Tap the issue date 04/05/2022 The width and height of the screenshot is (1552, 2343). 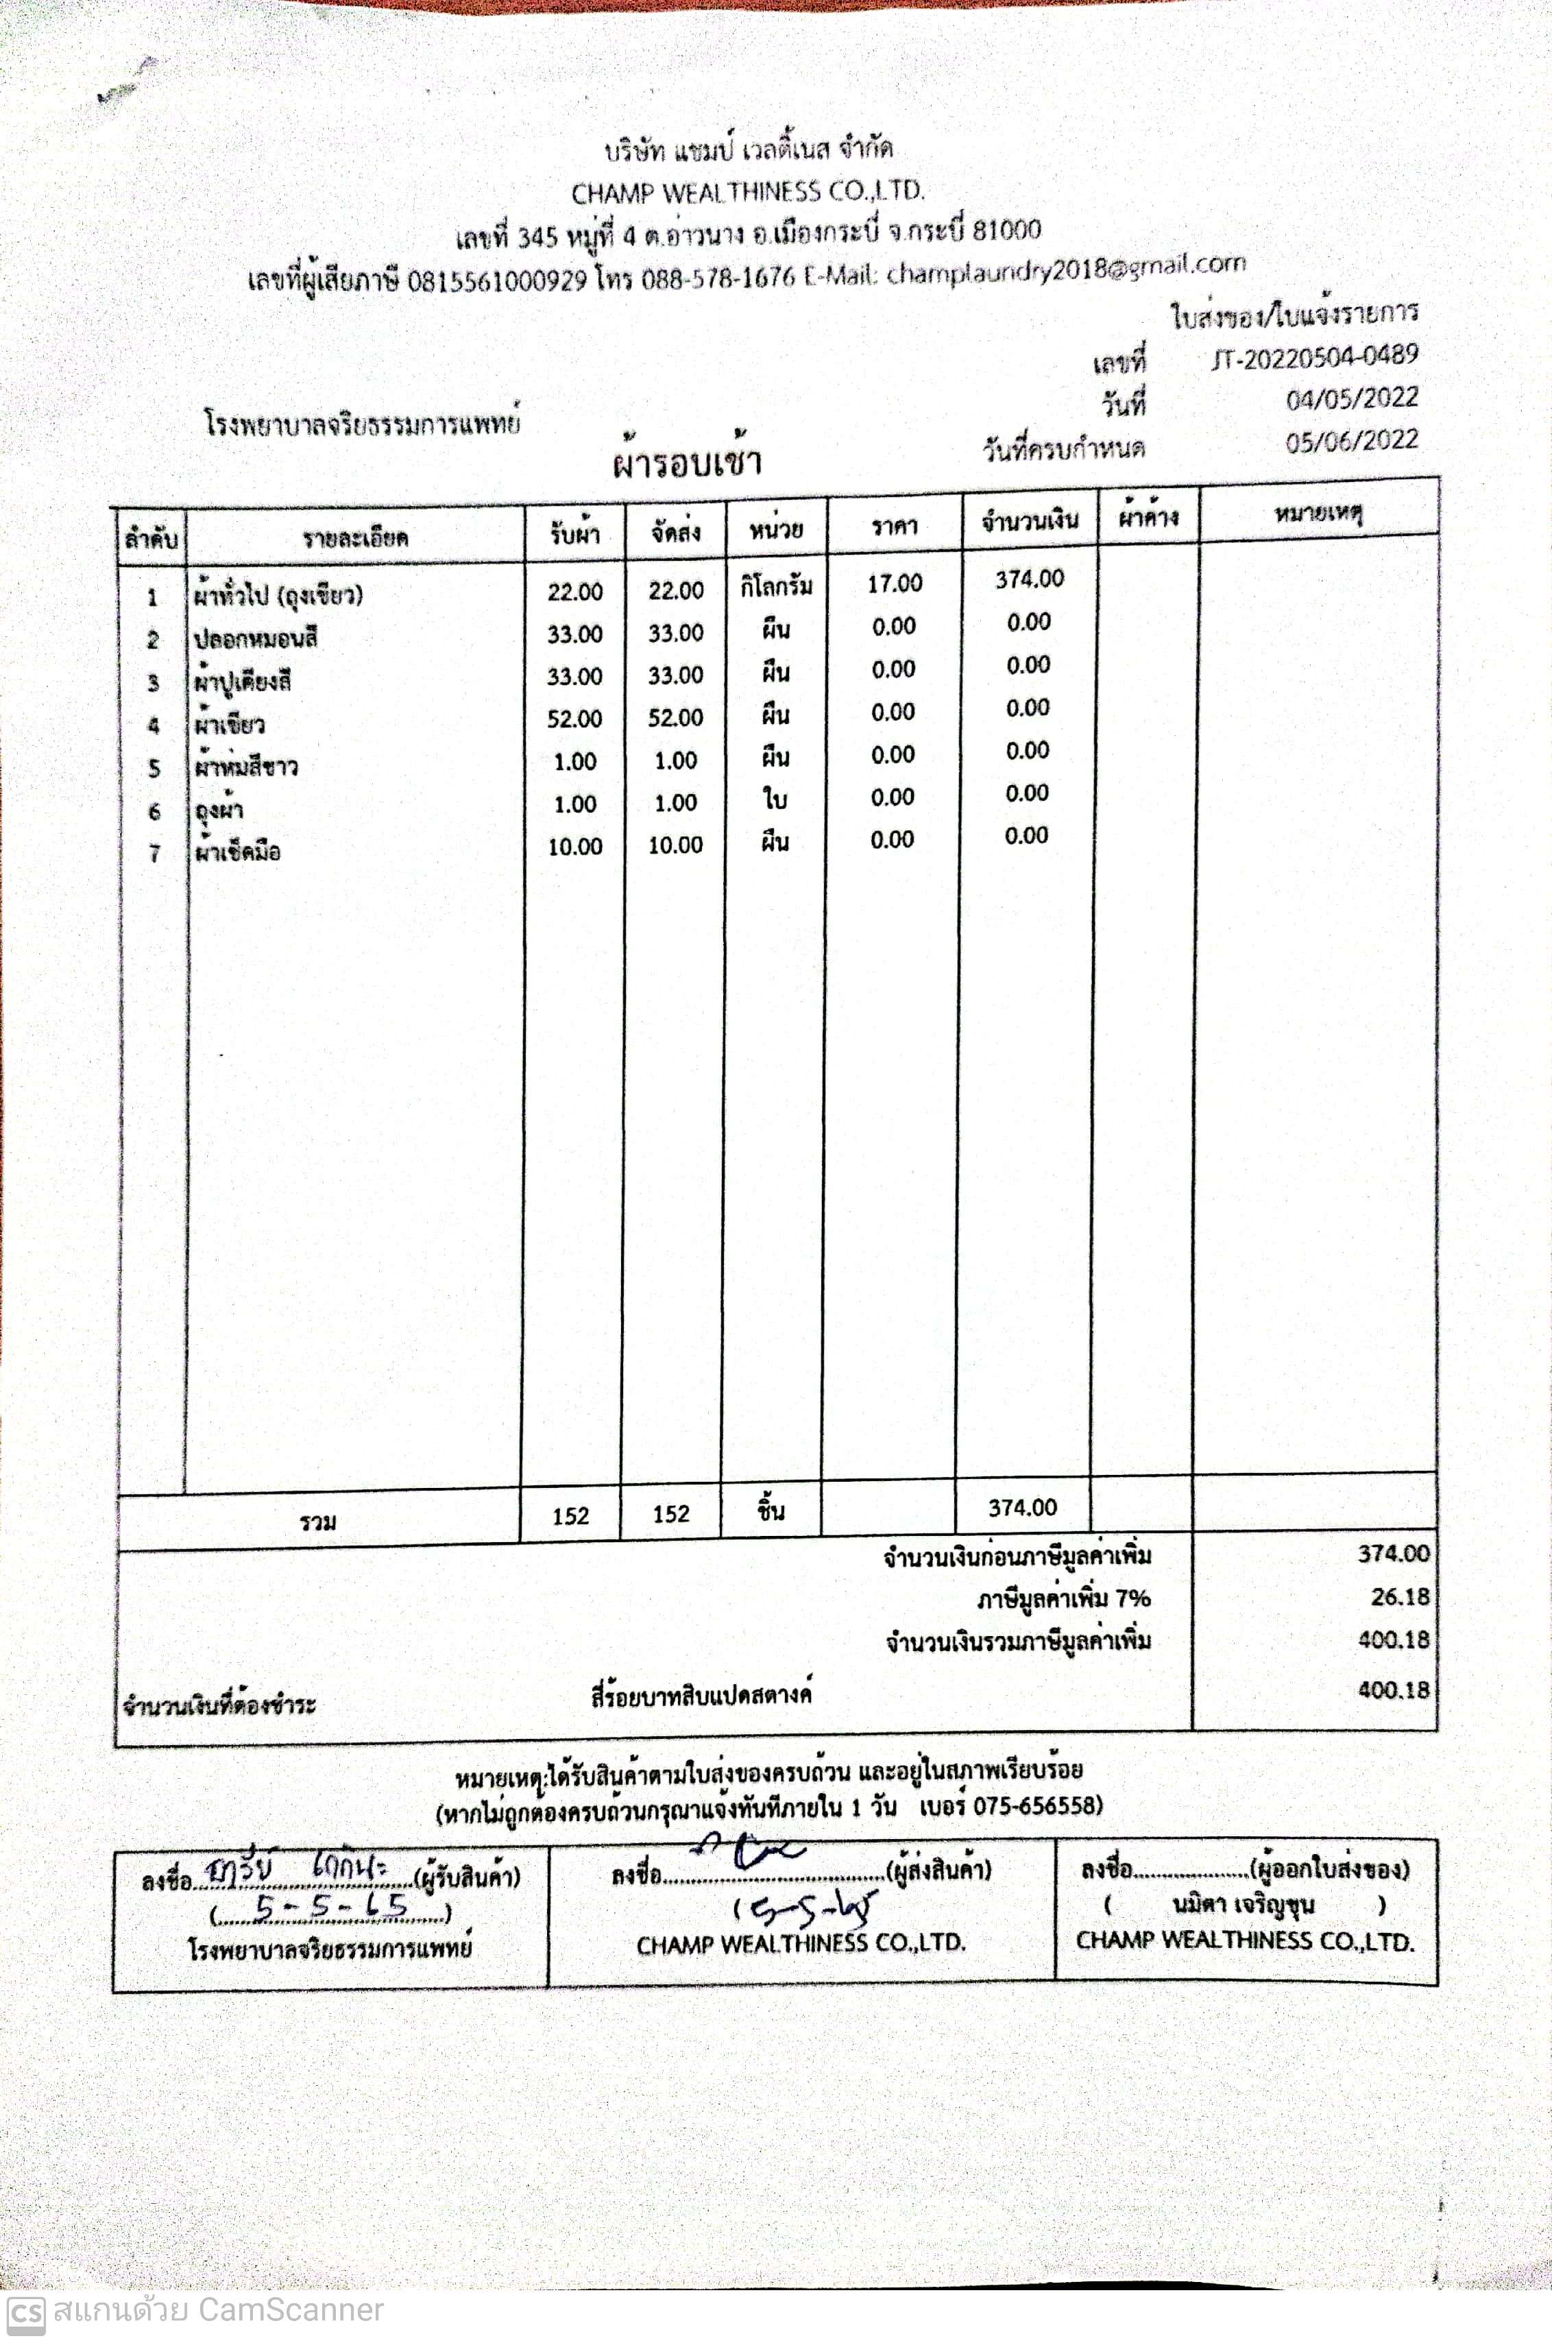click(x=1351, y=399)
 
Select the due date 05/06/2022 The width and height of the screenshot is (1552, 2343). click(x=1351, y=442)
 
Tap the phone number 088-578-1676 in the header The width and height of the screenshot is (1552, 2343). click(x=718, y=277)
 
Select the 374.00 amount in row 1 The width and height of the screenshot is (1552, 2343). click(x=1030, y=579)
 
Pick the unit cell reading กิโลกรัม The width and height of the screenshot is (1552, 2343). click(x=776, y=587)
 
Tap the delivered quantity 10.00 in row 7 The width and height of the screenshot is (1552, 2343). click(x=675, y=845)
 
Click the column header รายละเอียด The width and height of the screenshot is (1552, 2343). click(x=355, y=538)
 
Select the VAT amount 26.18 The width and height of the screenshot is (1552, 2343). click(x=1400, y=1597)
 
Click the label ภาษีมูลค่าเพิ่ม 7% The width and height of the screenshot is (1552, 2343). click(x=1063, y=1598)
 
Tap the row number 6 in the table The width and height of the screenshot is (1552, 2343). click(x=154, y=812)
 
